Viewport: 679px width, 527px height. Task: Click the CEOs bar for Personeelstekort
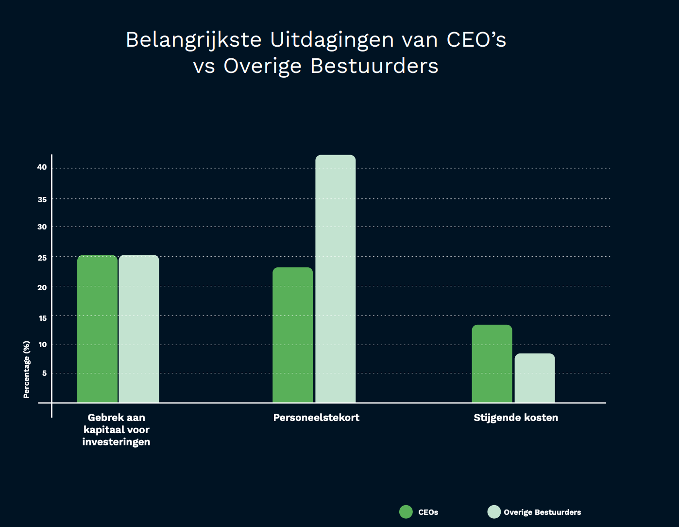pos(292,335)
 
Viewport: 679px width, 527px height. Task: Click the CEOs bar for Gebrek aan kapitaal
pos(97,329)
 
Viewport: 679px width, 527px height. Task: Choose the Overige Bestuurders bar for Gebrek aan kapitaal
pos(139,329)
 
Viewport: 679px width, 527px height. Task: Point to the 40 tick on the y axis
pos(42,167)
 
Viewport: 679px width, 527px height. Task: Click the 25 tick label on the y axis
pos(42,258)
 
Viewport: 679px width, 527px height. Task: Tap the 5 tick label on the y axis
pos(44,373)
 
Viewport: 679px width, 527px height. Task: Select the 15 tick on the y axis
pos(42,318)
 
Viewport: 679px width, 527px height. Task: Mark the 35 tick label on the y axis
pos(42,199)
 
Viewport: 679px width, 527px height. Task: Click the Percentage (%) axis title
pos(27,369)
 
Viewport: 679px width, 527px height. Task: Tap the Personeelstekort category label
pos(316,418)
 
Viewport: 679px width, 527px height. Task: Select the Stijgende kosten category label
pos(516,418)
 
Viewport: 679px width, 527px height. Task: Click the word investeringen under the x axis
pos(116,442)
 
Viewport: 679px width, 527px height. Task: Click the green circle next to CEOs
pos(406,511)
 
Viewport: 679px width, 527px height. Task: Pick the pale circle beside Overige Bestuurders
pos(494,511)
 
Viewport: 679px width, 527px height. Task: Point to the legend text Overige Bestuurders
pos(542,512)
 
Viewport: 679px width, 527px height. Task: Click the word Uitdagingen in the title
pos(332,40)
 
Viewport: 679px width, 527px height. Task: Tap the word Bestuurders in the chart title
pos(374,66)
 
